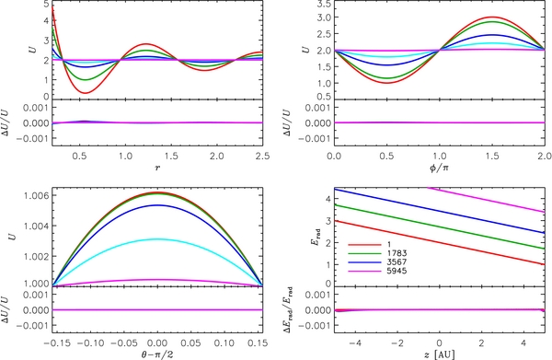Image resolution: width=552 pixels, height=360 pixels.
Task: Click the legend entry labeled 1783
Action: click(x=377, y=253)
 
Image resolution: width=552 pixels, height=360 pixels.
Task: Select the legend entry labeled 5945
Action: click(x=377, y=271)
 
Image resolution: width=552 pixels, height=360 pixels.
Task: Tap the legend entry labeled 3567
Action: click(x=377, y=262)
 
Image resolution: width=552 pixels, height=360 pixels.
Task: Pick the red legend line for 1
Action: click(x=364, y=245)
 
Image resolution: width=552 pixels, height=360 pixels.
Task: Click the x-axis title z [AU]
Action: click(x=440, y=354)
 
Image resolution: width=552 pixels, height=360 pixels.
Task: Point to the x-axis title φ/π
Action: click(x=440, y=168)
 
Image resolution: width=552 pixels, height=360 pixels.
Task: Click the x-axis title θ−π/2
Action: click(x=157, y=354)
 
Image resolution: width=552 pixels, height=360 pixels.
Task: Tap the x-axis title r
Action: click(x=157, y=168)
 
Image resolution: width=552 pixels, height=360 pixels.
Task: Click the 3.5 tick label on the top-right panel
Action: click(x=323, y=5)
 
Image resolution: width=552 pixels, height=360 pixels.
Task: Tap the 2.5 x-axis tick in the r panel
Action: click(x=262, y=156)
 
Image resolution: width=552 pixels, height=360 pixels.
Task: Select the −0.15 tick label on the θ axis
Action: click(x=57, y=343)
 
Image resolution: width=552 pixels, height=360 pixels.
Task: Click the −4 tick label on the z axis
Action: click(x=355, y=343)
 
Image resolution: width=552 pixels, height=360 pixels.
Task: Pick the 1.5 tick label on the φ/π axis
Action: click(x=492, y=156)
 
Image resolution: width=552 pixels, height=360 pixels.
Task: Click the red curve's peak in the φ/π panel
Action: click(x=492, y=17)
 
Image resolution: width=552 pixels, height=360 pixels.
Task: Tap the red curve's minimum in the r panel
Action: click(x=86, y=93)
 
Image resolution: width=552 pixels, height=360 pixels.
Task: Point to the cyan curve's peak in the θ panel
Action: click(x=157, y=239)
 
